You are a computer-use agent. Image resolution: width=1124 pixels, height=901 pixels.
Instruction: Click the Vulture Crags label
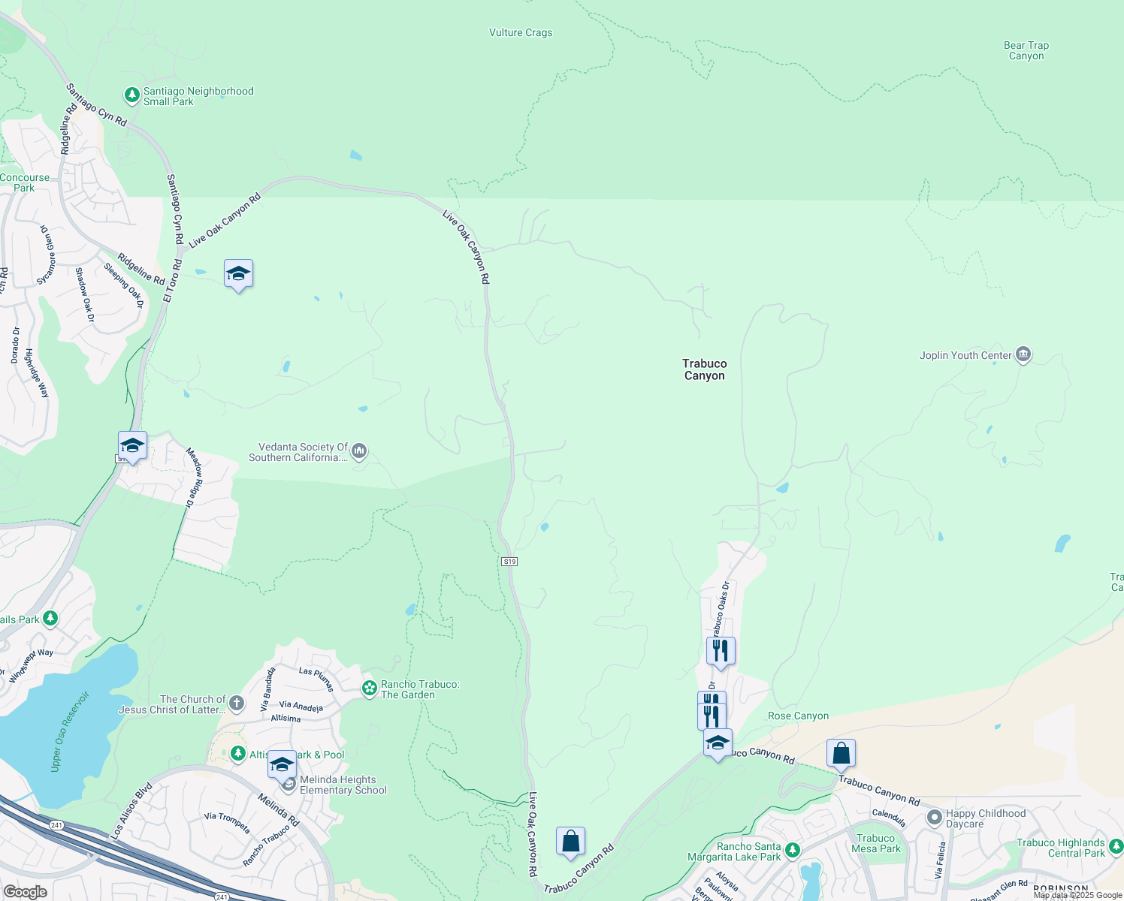click(521, 32)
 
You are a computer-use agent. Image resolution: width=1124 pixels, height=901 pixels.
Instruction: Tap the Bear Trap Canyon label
click(1026, 50)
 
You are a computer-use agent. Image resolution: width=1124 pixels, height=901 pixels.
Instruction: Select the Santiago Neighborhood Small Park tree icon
click(132, 95)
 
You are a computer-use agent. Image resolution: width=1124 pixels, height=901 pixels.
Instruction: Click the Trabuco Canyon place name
click(704, 369)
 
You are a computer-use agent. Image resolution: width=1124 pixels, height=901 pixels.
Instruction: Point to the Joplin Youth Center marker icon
click(1023, 354)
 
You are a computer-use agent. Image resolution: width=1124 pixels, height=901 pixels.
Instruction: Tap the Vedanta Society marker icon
click(359, 451)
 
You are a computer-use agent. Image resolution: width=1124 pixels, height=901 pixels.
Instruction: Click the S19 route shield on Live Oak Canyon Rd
click(509, 562)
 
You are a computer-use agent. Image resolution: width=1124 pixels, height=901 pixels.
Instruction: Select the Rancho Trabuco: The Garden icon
click(369, 689)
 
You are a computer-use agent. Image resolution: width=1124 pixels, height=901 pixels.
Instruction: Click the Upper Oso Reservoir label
click(69, 731)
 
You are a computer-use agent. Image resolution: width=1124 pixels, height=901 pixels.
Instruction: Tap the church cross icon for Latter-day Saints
click(237, 704)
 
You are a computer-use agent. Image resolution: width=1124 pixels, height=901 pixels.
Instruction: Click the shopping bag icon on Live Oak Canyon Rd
click(570, 841)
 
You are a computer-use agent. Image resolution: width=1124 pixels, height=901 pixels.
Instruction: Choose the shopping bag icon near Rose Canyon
click(841, 753)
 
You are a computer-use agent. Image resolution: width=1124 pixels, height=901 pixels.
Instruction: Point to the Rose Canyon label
click(798, 716)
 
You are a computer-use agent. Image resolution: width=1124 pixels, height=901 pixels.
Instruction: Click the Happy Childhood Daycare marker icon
click(934, 818)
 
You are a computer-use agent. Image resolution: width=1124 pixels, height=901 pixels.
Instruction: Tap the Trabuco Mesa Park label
click(876, 843)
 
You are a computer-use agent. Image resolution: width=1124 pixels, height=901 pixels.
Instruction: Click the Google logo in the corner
click(25, 892)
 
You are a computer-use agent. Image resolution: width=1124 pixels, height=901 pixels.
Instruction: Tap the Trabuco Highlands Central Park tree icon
click(1116, 847)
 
